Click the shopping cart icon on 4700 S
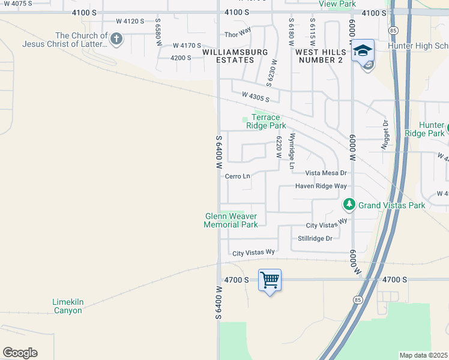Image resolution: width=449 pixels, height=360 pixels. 270,280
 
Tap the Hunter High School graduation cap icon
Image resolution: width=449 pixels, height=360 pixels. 363,51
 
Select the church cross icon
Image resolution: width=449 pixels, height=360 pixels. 116,40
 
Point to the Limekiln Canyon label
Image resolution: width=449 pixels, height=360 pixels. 67,306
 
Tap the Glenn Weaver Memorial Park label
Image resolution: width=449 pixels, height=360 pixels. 231,220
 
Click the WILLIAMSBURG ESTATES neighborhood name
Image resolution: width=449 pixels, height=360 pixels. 235,56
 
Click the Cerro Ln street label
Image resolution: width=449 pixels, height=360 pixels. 237,176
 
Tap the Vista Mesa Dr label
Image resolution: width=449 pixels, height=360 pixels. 326,173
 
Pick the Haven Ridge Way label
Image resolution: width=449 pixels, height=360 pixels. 321,186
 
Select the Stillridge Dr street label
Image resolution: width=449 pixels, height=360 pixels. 315,238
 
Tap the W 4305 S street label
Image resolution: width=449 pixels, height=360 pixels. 256,97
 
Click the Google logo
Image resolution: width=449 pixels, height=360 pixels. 20,353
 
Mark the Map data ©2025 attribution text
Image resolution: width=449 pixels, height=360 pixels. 423,355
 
